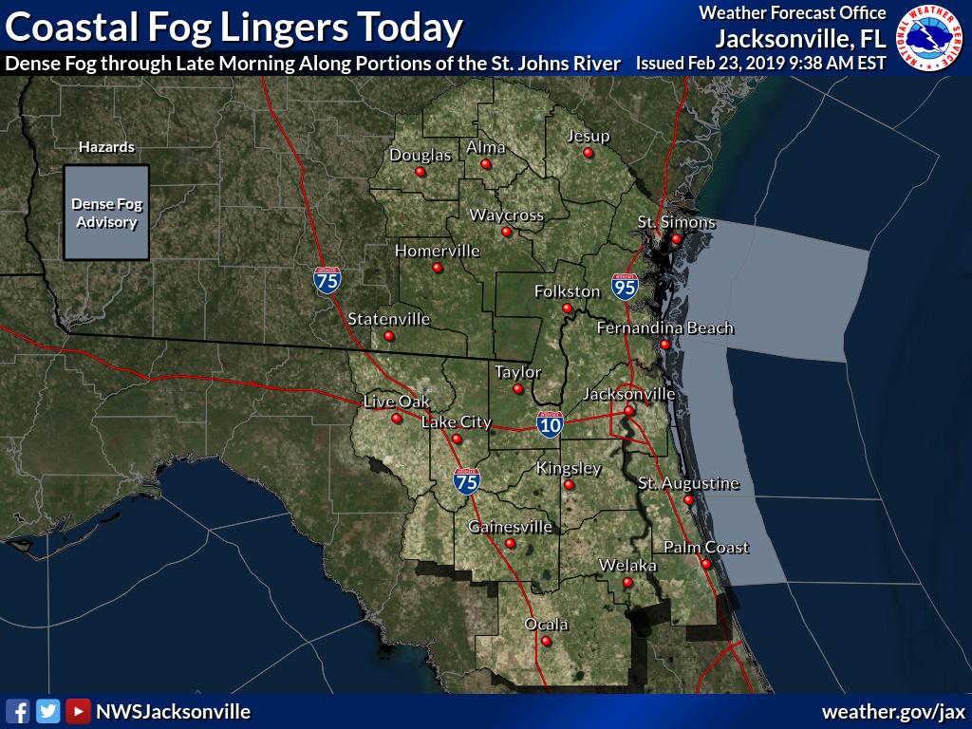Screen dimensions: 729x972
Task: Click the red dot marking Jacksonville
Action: coord(628,410)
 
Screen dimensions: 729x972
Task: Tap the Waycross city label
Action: coord(507,215)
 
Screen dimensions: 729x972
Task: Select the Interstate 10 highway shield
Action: coord(550,424)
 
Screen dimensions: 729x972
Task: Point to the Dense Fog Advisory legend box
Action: coord(106,213)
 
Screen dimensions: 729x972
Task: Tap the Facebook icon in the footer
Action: coord(17,711)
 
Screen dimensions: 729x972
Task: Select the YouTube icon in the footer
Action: coord(78,711)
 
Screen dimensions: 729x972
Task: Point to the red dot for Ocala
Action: coord(547,641)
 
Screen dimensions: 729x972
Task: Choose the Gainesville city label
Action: coord(511,527)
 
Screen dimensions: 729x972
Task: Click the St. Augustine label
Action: coord(688,484)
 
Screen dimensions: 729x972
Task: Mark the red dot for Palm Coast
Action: coord(706,564)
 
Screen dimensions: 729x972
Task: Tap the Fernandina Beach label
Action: coord(664,328)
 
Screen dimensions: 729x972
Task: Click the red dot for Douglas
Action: coord(421,172)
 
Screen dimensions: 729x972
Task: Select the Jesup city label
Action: coord(588,136)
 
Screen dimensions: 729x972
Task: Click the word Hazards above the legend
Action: coord(106,147)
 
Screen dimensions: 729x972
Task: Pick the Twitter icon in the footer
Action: coord(47,711)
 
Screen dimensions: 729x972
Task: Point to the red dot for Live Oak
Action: coord(397,418)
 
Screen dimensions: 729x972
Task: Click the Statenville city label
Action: coord(389,319)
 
